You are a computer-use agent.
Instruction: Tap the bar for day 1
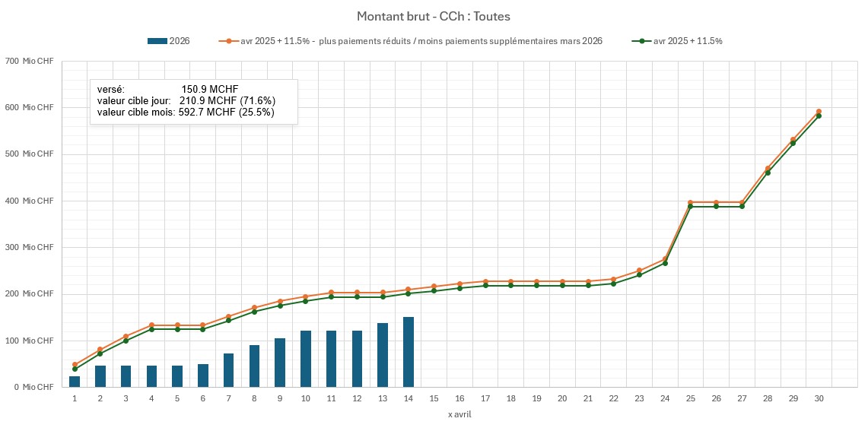click(x=75, y=382)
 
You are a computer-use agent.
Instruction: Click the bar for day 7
click(x=228, y=370)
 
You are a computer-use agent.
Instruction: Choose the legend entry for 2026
click(x=169, y=41)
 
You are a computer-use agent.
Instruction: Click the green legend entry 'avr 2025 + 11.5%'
click(x=677, y=41)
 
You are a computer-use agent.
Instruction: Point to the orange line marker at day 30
click(x=819, y=112)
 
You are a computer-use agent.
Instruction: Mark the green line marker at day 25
click(x=690, y=207)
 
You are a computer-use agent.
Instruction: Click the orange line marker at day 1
click(x=75, y=365)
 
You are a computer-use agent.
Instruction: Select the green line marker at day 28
click(x=768, y=173)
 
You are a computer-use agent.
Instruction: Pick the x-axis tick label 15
click(x=434, y=398)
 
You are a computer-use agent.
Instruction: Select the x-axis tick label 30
click(x=819, y=398)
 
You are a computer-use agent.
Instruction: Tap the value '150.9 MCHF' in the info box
click(x=210, y=89)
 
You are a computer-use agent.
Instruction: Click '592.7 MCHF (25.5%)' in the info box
click(x=227, y=112)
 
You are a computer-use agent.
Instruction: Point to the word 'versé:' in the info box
click(x=111, y=89)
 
